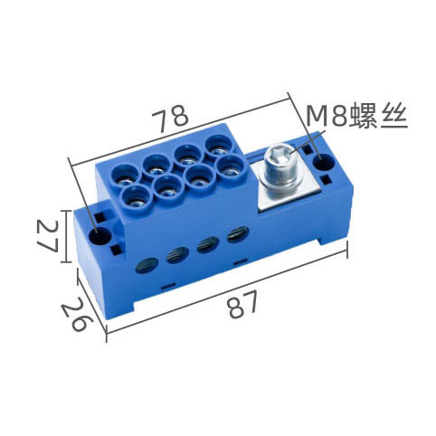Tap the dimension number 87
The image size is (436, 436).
click(x=243, y=304)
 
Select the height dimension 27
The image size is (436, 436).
click(x=47, y=235)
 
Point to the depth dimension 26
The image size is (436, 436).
click(x=75, y=314)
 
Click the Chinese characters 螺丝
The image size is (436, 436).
click(x=380, y=116)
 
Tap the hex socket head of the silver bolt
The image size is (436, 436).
click(x=280, y=155)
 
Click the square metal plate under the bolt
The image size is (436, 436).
click(x=287, y=184)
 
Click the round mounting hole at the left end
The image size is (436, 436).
click(x=100, y=235)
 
